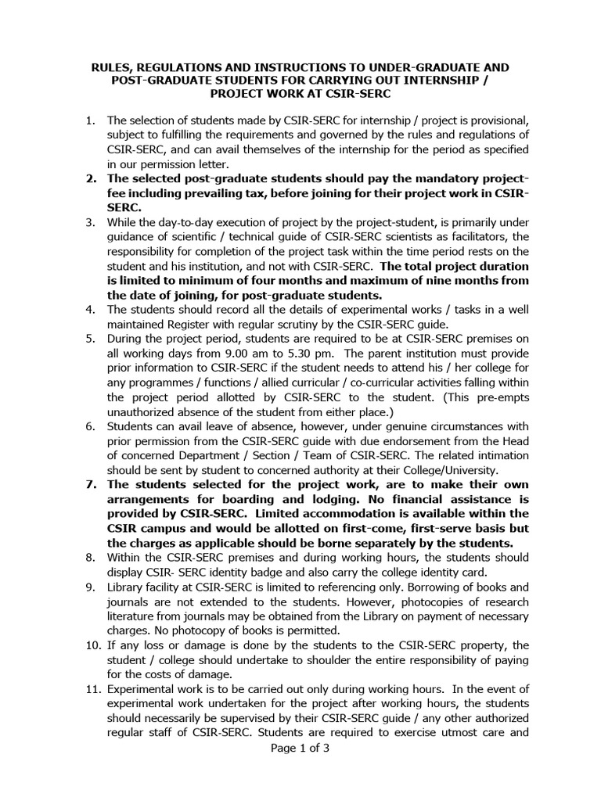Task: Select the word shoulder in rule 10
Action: [348, 659]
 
